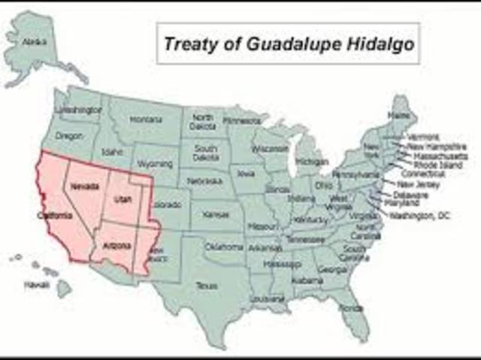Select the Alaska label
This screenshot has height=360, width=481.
pyautogui.click(x=34, y=43)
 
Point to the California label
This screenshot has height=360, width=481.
pyautogui.click(x=56, y=216)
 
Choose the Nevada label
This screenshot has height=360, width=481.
pyautogui.click(x=83, y=186)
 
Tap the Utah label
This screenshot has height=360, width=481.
pyautogui.click(x=122, y=200)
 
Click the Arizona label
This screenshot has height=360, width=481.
pyautogui.click(x=116, y=246)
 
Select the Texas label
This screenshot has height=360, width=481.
pyautogui.click(x=206, y=286)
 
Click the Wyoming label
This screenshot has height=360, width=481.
pyautogui.click(x=156, y=163)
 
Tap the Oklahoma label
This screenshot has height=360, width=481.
pyautogui.click(x=224, y=247)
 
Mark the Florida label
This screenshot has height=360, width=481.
pyautogui.click(x=350, y=308)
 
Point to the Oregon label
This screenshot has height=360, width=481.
pyautogui.click(x=68, y=136)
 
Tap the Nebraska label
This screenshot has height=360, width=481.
pyautogui.click(x=204, y=182)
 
